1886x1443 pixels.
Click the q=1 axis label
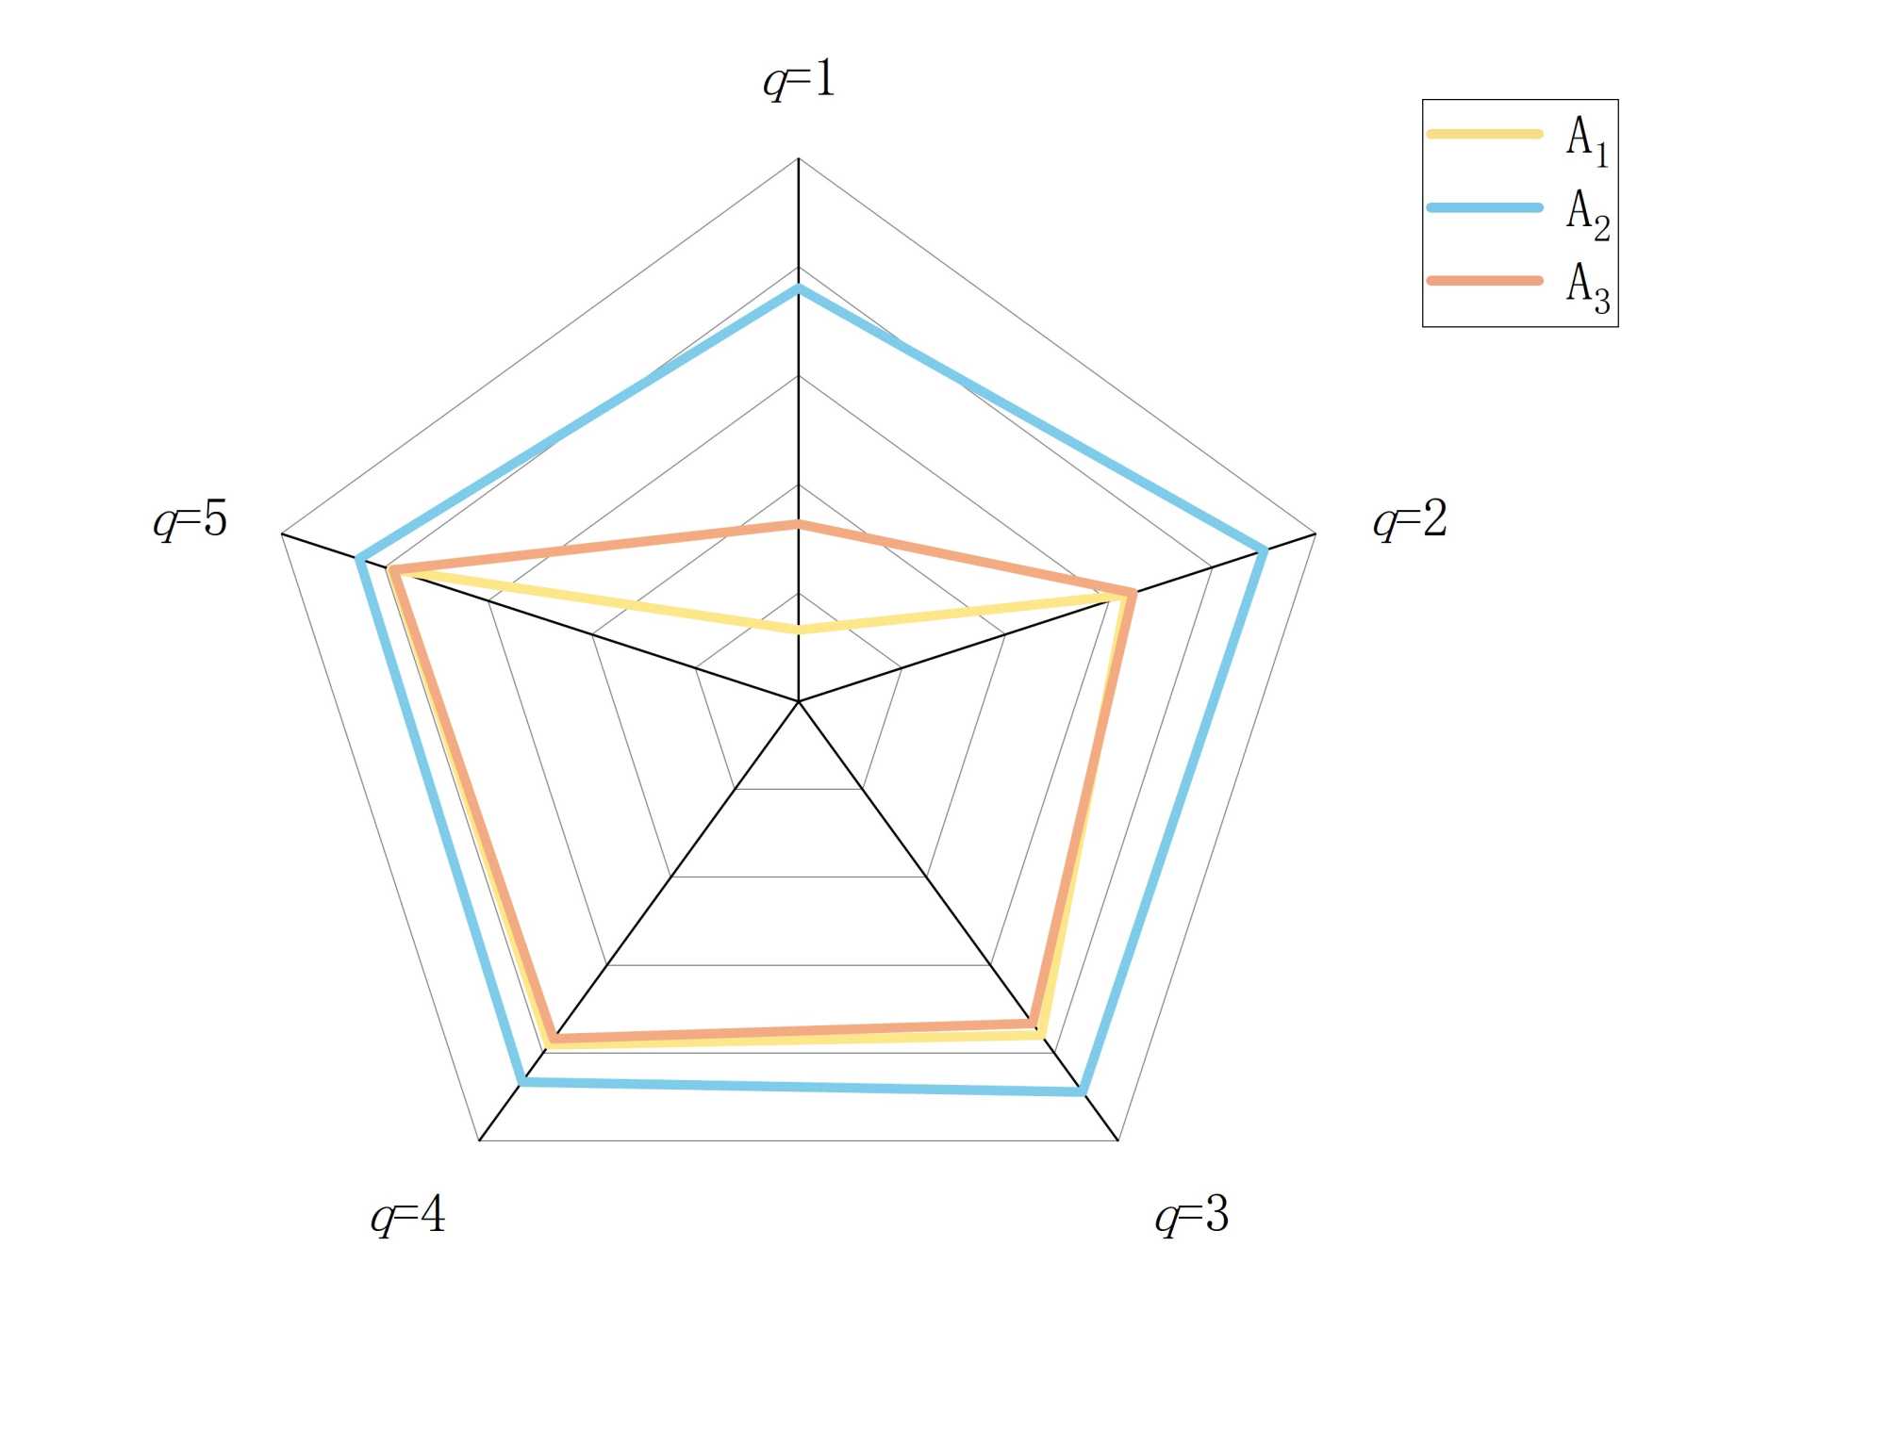[800, 79]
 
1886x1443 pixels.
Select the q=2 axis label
[1410, 519]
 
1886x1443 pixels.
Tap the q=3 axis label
[1192, 1215]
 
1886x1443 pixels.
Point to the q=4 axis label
[407, 1215]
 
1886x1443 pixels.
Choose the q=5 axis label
[190, 519]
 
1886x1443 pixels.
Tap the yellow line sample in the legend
[1484, 134]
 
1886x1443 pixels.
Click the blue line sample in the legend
[1484, 207]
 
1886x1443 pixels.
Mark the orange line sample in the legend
[1484, 280]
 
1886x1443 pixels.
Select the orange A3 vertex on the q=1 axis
[799, 524]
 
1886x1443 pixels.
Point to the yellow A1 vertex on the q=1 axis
[799, 629]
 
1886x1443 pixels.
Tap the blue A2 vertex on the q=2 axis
[1264, 550]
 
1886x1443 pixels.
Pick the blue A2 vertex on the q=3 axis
[1083, 1091]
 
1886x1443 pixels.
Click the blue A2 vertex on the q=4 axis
[522, 1082]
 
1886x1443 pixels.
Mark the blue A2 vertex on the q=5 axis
[359, 560]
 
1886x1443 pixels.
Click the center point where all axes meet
[799, 701]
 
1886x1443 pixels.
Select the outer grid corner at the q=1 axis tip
[799, 158]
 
